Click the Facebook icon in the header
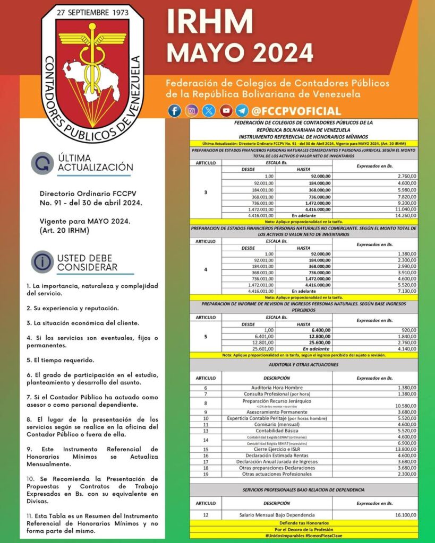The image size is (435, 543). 174,111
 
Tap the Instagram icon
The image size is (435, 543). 192,111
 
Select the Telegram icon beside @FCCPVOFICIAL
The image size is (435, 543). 242,111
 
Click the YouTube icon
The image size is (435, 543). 226,111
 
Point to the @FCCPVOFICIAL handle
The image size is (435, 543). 296,111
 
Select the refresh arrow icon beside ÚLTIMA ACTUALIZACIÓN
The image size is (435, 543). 42,163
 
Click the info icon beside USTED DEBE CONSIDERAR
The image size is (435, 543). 42,261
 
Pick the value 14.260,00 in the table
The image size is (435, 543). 403,216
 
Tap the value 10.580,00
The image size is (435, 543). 403,406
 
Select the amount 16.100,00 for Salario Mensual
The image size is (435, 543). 403,514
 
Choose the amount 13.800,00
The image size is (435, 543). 403,449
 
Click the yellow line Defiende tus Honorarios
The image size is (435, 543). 304,523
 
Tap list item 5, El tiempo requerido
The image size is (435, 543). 61,361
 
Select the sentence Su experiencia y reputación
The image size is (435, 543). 73,308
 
